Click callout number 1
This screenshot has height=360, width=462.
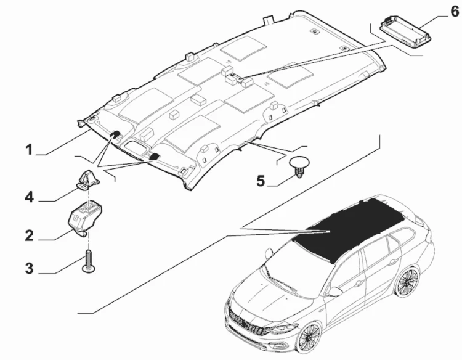pos(29,149)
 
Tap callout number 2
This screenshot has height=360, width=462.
pos(29,236)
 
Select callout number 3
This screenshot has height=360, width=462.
pos(29,269)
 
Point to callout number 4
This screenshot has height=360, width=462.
pos(29,197)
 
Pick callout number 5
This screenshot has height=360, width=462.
pos(261,181)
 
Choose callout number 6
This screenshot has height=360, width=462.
pos(455,12)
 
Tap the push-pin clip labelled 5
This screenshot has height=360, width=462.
pos(299,166)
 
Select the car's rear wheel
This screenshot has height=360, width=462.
pos(408,282)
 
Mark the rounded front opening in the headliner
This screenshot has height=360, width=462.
pos(135,145)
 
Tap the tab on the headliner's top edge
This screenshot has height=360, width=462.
pos(268,20)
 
